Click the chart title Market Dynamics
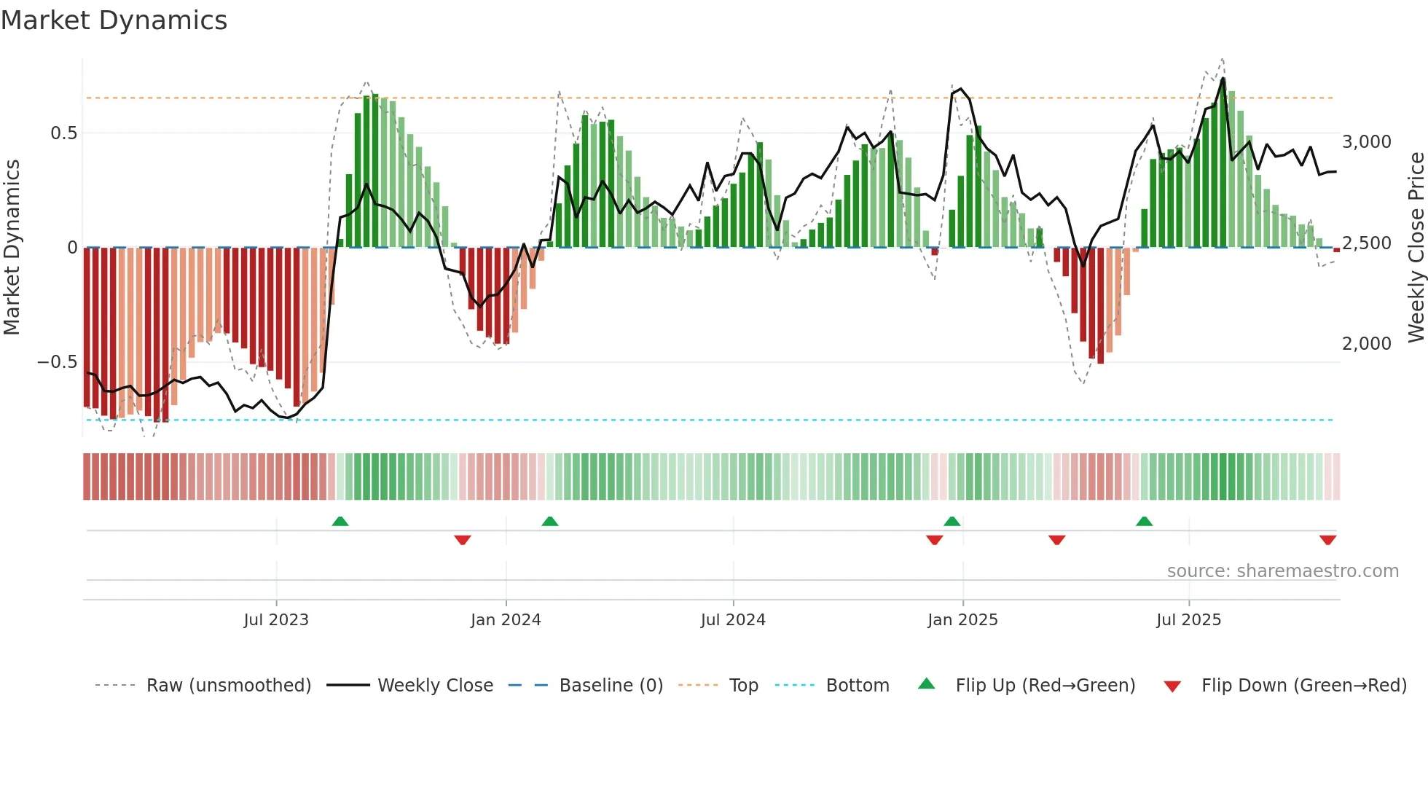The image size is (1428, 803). (x=114, y=20)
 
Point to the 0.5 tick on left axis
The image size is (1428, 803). (x=63, y=133)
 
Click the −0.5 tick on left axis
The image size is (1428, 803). (x=58, y=362)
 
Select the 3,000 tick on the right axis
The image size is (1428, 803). (x=1366, y=142)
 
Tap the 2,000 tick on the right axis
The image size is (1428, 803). (x=1366, y=344)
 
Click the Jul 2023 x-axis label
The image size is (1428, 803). (x=276, y=620)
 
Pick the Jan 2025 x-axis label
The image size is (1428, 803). (x=962, y=620)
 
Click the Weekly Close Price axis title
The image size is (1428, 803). (x=1416, y=248)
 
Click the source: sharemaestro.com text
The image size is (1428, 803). (x=1282, y=571)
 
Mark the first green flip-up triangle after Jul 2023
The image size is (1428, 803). (x=340, y=521)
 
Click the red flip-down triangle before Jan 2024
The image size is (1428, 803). (x=463, y=540)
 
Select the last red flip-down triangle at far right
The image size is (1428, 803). (x=1327, y=540)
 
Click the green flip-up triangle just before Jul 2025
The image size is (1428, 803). (x=1144, y=521)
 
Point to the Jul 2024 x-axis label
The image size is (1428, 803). (x=733, y=620)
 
